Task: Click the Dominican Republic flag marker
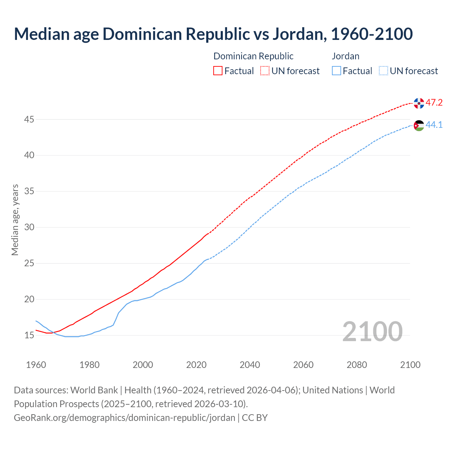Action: (x=419, y=103)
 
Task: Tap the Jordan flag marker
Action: (x=419, y=125)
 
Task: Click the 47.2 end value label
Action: (x=434, y=103)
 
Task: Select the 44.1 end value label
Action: (x=434, y=125)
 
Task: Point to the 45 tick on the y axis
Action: (x=29, y=120)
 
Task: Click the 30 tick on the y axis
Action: (x=29, y=227)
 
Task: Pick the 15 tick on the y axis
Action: (x=29, y=335)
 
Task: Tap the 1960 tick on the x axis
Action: (x=36, y=365)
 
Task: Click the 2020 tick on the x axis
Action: (x=196, y=365)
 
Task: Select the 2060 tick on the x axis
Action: (x=303, y=365)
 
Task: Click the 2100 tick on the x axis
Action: (x=410, y=365)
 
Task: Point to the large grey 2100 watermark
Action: (x=372, y=332)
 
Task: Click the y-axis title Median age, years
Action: (x=15, y=220)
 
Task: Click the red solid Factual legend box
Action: (x=218, y=71)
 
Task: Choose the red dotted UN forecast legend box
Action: (x=265, y=71)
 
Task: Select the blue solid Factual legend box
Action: (x=337, y=71)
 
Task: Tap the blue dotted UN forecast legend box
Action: (x=383, y=71)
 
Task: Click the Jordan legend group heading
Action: (x=346, y=56)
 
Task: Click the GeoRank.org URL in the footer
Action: (x=124, y=418)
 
